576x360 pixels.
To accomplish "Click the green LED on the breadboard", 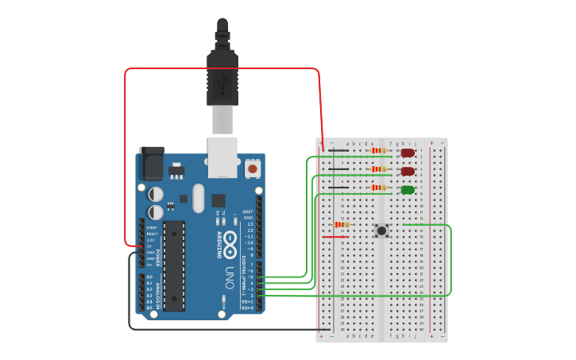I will tap(408, 190).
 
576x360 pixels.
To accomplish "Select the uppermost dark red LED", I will tap(408, 152).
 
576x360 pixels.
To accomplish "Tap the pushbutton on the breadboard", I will tap(382, 230).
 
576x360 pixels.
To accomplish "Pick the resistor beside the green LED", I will tap(379, 188).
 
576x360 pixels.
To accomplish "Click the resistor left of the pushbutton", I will tap(342, 225).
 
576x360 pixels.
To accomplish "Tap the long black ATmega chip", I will tap(176, 265).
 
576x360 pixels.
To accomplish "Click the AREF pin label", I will tap(249, 212).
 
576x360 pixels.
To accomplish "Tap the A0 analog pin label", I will tap(149, 277).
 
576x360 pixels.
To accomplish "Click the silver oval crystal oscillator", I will tap(198, 198).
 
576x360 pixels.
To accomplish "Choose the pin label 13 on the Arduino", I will tap(249, 224).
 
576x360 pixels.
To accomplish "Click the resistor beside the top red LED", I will tap(379, 150).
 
